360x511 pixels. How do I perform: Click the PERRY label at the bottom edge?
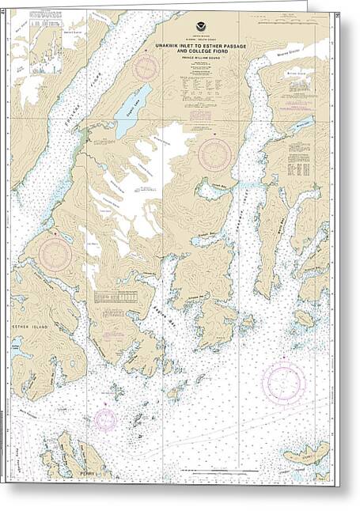tap(86, 473)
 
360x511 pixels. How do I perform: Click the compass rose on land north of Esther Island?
tap(55, 253)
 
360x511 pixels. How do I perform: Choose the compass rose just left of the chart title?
tap(146, 68)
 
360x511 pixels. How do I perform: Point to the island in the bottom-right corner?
tap(305, 453)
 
